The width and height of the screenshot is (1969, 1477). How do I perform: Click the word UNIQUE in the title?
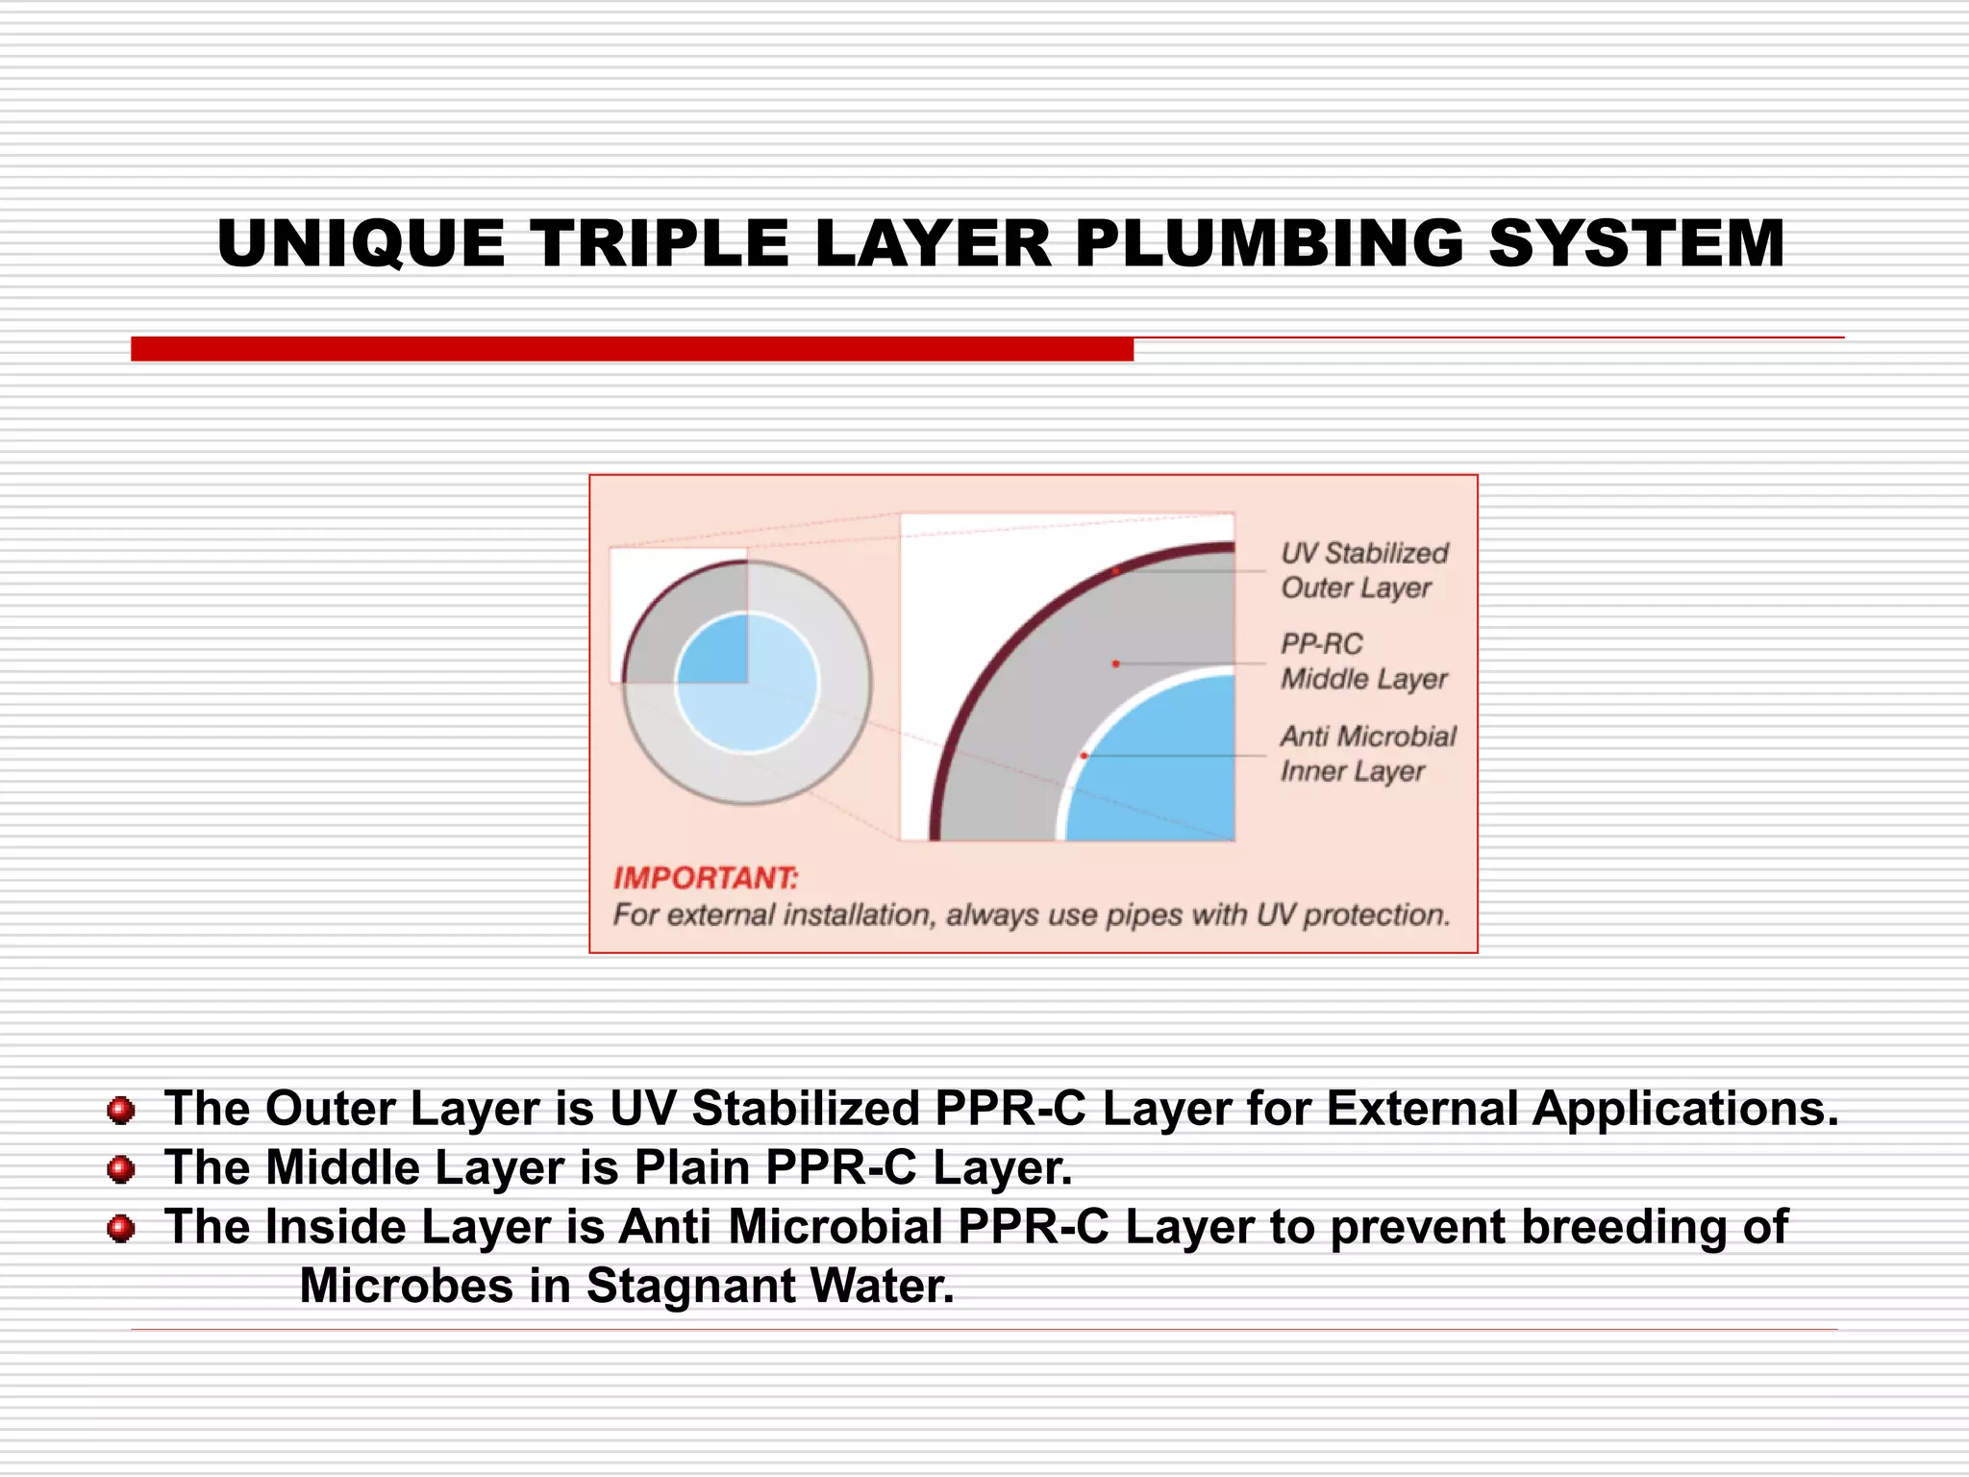(361, 243)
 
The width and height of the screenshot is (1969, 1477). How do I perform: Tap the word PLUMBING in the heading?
(1269, 243)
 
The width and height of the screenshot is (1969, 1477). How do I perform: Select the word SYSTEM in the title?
(1635, 243)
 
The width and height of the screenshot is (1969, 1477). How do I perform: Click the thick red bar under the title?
(632, 349)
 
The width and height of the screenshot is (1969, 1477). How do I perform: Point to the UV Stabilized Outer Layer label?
(1363, 570)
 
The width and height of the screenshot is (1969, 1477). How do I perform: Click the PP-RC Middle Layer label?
(1362, 662)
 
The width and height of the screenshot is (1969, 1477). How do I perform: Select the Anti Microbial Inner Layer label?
(1366, 754)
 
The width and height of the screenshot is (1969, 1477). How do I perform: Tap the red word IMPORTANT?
(705, 878)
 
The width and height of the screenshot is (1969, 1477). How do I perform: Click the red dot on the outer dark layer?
(1116, 571)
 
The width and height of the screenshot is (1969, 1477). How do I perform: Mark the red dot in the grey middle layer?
(1115, 663)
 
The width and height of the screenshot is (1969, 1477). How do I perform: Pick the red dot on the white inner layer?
(1084, 756)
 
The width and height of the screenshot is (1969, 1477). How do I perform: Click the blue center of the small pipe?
(747, 684)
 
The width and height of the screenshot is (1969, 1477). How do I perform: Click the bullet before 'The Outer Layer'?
(121, 1111)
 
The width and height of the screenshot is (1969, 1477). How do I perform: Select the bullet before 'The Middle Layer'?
(121, 1169)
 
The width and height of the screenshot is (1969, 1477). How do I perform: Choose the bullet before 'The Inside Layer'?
(121, 1229)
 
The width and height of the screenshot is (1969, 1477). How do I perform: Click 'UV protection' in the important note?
(1352, 914)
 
